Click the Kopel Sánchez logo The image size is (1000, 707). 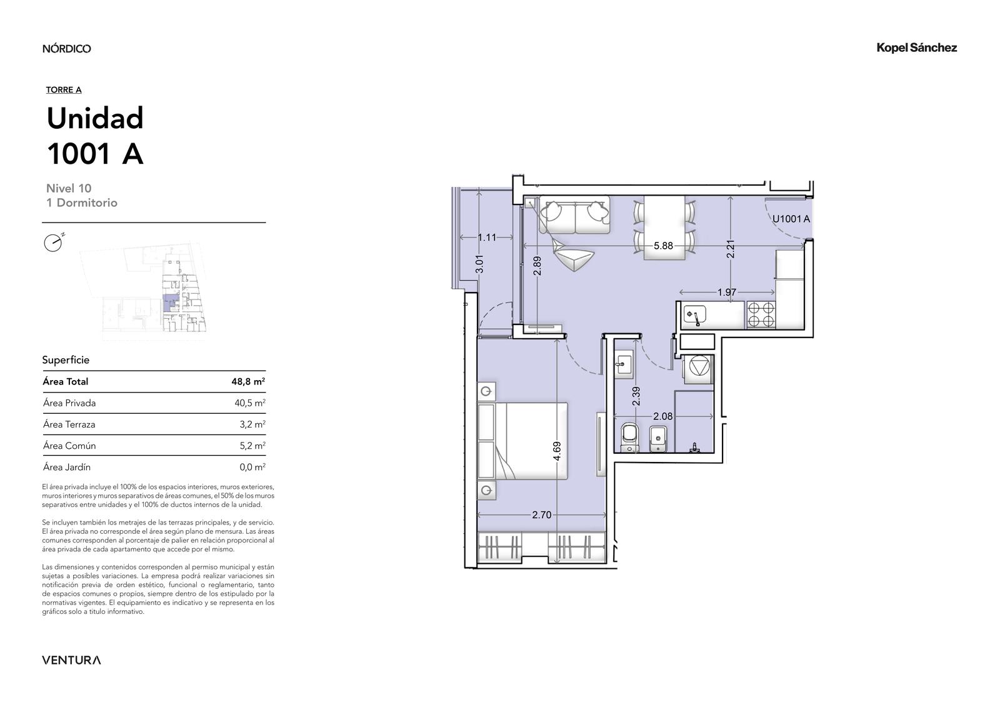click(916, 48)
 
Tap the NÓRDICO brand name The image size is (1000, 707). click(66, 48)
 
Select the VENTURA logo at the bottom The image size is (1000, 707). click(71, 660)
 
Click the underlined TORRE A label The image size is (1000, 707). click(64, 90)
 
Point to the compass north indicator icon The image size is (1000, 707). click(54, 243)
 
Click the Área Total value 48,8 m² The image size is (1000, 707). click(248, 381)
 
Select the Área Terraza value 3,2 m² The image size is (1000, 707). click(252, 424)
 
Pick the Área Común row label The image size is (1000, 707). click(69, 446)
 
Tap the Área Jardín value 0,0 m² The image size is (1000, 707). click(252, 467)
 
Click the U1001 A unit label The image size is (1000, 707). click(791, 219)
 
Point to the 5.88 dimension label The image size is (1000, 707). click(663, 246)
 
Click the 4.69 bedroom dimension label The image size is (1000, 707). click(557, 451)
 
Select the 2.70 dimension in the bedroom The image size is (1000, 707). click(541, 515)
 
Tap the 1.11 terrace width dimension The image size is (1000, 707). click(487, 238)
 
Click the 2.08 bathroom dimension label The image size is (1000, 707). click(662, 416)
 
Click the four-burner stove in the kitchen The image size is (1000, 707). click(761, 314)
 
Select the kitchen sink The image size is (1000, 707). click(694, 315)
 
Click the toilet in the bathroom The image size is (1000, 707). click(631, 437)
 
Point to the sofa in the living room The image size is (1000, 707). click(574, 214)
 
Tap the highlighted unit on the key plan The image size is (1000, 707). click(169, 303)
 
